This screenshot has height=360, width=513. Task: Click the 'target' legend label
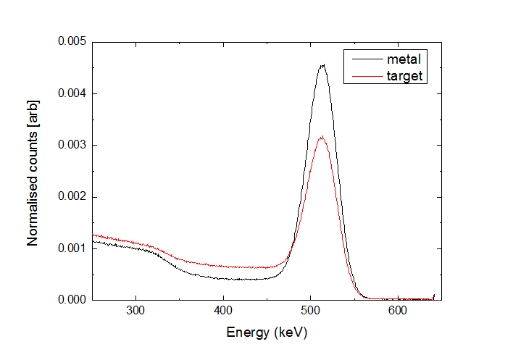(x=406, y=74)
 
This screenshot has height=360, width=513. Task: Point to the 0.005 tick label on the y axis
(x=72, y=42)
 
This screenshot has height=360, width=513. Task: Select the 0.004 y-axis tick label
(x=72, y=93)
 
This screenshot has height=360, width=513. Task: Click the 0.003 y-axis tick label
(x=72, y=145)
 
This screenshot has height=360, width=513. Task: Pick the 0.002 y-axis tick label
(x=72, y=196)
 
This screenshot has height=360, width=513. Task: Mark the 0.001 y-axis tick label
(x=72, y=248)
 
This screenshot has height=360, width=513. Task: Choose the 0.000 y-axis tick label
(x=72, y=299)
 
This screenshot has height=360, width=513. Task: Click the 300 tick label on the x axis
(x=135, y=311)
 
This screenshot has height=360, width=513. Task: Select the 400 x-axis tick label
(x=223, y=311)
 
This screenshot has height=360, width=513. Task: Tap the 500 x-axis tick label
(x=310, y=311)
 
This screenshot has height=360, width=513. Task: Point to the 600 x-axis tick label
(x=398, y=311)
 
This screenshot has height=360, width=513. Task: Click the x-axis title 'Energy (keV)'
(x=267, y=332)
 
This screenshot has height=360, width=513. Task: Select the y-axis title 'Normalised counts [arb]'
(x=33, y=170)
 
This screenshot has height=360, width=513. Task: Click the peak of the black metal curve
(x=322, y=65)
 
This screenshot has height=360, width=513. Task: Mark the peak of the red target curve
(x=322, y=136)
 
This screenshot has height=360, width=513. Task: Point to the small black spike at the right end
(x=434, y=296)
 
